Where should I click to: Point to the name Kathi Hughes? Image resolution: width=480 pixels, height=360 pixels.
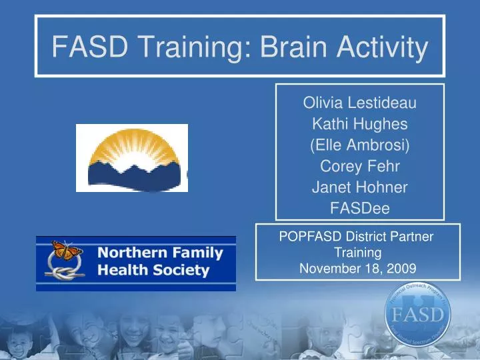pyautogui.click(x=360, y=124)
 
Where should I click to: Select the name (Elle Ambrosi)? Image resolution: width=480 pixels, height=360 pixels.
pyautogui.click(x=360, y=145)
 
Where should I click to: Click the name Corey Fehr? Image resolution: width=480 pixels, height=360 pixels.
pyautogui.click(x=360, y=167)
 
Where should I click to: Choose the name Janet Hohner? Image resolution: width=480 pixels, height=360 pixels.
pyautogui.click(x=360, y=188)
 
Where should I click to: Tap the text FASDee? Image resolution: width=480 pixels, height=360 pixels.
pyautogui.click(x=360, y=209)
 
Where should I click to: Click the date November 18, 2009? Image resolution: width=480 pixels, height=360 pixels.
pyautogui.click(x=358, y=269)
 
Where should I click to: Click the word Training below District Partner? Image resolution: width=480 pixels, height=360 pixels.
pyautogui.click(x=358, y=253)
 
